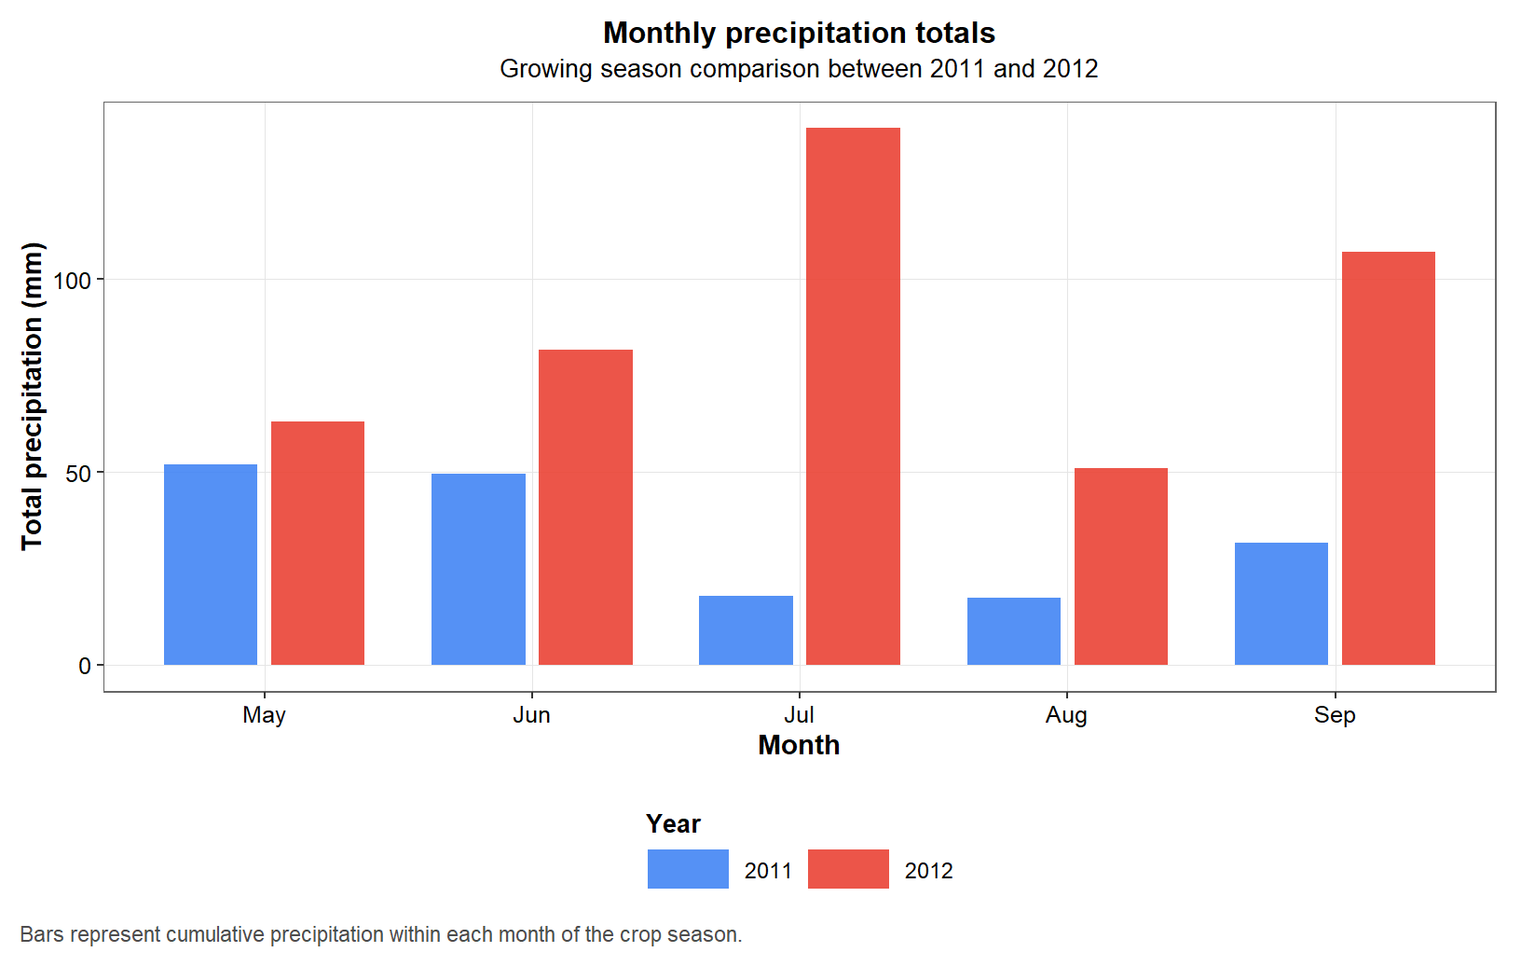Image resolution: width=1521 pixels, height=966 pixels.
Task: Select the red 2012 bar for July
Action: pos(853,396)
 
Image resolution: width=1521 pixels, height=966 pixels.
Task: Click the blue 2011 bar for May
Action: pos(211,564)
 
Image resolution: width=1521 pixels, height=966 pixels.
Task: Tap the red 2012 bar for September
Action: pos(1388,458)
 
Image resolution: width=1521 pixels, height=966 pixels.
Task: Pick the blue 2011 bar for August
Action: pos(1013,631)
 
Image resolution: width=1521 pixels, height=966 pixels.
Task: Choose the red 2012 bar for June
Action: pos(585,507)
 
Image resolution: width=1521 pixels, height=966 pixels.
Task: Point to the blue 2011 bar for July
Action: pos(746,630)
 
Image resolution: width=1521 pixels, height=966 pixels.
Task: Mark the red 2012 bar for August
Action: pos(1120,566)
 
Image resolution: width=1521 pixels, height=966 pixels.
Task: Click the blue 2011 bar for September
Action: pos(1281,603)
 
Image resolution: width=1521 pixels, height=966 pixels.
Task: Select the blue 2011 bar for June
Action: pos(478,569)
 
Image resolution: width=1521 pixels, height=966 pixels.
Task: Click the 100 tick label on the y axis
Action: pos(72,281)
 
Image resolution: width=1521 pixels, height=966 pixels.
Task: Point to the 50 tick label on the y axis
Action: pos(78,474)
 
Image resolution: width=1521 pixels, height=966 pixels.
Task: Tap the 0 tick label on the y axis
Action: pos(85,667)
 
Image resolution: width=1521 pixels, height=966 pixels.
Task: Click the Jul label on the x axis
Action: pos(799,715)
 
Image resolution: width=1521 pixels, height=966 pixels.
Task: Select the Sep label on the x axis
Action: pos(1334,715)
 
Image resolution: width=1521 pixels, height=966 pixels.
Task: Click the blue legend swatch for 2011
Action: pos(688,869)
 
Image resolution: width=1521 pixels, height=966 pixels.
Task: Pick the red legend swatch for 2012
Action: pos(848,869)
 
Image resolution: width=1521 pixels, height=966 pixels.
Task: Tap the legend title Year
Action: pos(673,824)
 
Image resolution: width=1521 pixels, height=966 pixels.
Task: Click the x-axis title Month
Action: pos(799,746)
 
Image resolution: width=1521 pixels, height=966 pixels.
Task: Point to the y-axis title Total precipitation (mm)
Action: pos(33,396)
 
